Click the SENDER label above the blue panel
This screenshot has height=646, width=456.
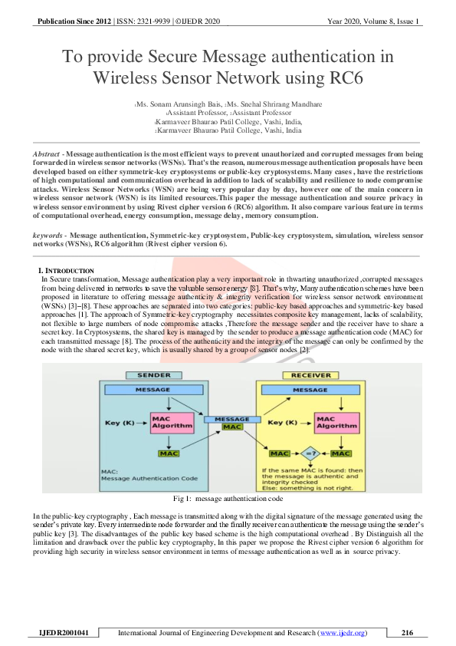[x=153, y=375]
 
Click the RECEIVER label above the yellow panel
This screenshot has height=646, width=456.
[x=310, y=375]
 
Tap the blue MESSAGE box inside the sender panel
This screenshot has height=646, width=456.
[x=153, y=391]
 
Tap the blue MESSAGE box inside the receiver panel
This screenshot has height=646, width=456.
[x=310, y=391]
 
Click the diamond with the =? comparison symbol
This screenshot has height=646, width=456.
[x=309, y=454]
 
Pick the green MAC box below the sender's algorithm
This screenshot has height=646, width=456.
[x=169, y=453]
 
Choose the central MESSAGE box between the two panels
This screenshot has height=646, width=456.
[x=232, y=419]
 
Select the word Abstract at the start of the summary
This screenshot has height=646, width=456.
[x=48, y=154]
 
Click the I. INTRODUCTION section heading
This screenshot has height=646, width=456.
[x=66, y=271]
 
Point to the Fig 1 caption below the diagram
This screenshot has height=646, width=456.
[x=228, y=499]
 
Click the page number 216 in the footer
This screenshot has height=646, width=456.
[x=407, y=633]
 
